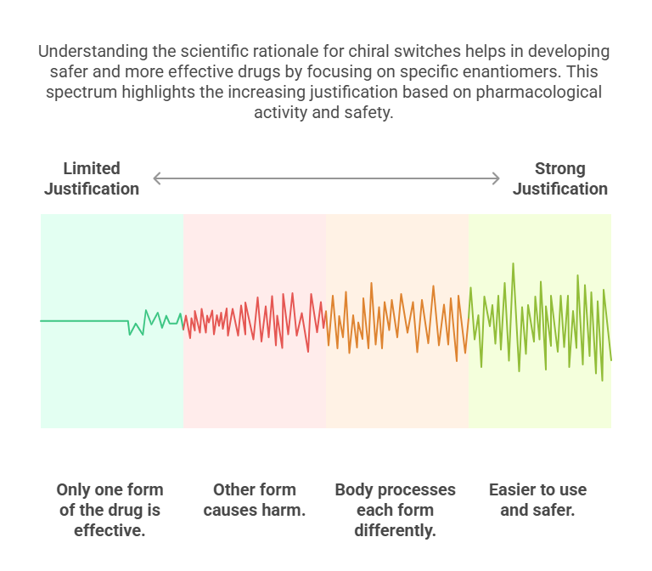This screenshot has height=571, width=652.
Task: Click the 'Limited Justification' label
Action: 92,178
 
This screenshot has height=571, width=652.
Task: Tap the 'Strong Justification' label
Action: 560,178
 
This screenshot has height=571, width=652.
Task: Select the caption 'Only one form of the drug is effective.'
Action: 110,510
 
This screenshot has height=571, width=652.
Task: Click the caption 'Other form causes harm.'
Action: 255,500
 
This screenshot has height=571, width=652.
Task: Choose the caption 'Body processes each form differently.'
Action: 395,510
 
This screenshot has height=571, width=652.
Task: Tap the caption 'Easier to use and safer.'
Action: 537,500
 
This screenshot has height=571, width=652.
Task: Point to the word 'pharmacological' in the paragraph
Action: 538,92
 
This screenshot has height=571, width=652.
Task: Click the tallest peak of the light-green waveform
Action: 514,263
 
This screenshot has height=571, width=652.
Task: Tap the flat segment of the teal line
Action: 84,321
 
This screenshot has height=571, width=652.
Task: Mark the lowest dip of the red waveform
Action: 308,352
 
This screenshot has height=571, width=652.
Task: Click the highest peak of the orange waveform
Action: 371,284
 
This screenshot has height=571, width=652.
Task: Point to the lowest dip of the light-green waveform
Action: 602,380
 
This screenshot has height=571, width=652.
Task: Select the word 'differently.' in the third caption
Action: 395,530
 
